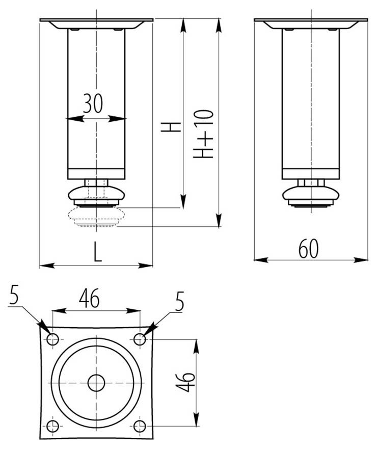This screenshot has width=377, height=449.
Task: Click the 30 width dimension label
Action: pos(93,103)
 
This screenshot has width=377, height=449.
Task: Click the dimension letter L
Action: pos(98,252)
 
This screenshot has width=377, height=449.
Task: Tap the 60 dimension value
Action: pos(308,249)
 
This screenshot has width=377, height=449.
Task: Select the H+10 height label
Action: pos(203,134)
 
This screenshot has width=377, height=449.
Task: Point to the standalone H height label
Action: pos(171,127)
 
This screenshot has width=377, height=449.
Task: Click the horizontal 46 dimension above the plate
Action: pos(89,298)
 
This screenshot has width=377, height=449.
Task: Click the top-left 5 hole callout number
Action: pos(14,295)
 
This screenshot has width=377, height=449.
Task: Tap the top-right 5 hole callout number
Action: pos(179,301)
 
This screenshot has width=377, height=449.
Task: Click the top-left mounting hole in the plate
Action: pos(52,339)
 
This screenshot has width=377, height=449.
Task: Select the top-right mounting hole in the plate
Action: pos(140,339)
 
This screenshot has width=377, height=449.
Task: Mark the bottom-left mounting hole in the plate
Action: pos(52,427)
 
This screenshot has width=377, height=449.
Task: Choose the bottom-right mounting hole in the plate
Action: pos(140,427)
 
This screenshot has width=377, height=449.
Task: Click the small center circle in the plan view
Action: pos(96,383)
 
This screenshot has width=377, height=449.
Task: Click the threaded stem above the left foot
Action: pos(96,182)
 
